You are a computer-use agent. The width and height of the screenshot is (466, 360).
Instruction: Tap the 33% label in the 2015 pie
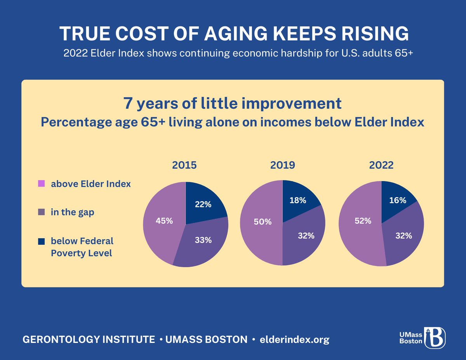[203, 240]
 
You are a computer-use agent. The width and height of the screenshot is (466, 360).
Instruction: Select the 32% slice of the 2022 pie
[403, 236]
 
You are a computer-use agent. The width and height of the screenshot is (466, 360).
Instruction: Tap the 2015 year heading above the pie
[184, 165]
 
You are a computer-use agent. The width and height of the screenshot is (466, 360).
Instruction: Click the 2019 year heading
[283, 165]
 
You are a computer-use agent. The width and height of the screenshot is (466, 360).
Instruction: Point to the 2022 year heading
[381, 165]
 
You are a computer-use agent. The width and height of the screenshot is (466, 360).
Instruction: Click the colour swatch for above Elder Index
[42, 183]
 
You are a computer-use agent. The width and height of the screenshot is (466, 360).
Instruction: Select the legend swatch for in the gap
[42, 212]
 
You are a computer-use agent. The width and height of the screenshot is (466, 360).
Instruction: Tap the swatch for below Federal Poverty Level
[42, 242]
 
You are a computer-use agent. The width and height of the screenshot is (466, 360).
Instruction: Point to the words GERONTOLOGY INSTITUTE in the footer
[89, 339]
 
